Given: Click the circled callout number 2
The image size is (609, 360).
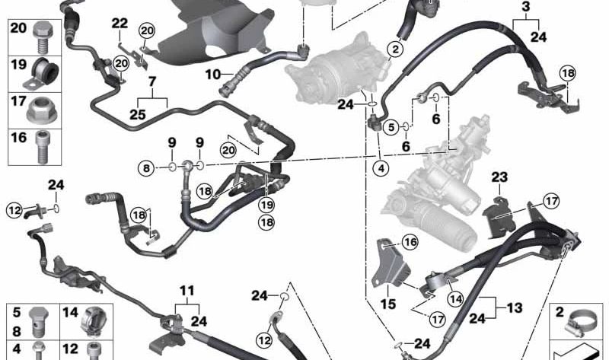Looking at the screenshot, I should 395,50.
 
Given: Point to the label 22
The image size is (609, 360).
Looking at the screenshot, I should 120,23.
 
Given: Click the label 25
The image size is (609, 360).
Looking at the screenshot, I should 138,114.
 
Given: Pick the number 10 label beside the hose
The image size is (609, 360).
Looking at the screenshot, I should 212,75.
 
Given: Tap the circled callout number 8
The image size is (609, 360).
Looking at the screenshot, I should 145,167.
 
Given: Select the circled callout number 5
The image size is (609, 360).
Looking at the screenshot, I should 390,126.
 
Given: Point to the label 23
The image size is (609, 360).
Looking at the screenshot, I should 499,177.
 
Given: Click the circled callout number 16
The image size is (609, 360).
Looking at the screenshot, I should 411,243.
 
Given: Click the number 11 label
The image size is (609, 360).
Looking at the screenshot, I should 187,291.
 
